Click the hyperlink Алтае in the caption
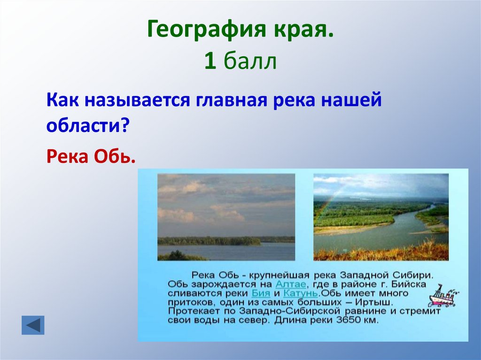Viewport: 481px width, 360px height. [291, 284]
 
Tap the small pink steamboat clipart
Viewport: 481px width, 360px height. [442, 295]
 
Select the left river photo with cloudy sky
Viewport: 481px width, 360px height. [226, 217]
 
